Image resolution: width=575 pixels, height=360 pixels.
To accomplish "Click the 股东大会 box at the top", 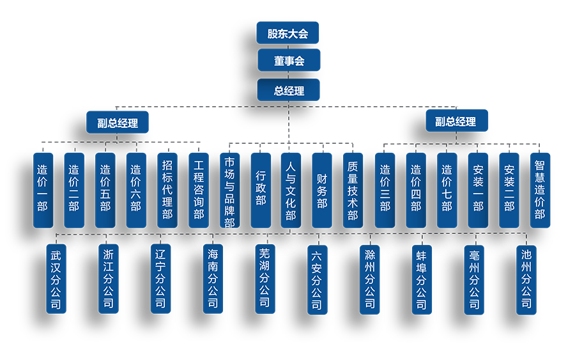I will click(x=288, y=33).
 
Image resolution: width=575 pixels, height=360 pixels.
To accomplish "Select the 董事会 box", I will click(x=288, y=61).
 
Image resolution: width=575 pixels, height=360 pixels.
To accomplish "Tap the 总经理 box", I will click(x=288, y=90).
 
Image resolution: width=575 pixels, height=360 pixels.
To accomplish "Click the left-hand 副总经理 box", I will click(x=118, y=122).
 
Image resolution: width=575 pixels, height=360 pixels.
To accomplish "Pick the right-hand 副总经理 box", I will click(x=456, y=122).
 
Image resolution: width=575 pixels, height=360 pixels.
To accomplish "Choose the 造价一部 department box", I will click(x=43, y=190).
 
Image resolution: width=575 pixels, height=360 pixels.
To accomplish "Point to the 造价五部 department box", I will click(x=105, y=190).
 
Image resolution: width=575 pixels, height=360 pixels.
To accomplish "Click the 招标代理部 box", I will click(x=167, y=190).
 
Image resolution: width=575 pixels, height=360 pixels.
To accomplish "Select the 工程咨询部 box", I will click(x=199, y=190).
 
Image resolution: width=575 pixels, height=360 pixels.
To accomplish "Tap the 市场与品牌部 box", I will click(x=229, y=190).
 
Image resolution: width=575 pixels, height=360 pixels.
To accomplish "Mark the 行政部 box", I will click(x=261, y=190).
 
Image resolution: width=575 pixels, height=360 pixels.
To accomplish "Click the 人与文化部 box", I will click(x=291, y=190).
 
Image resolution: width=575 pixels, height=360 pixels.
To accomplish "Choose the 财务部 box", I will click(x=322, y=190).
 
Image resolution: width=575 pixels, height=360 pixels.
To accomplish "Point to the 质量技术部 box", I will click(x=353, y=190).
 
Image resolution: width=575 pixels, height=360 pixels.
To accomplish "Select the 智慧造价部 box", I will click(x=540, y=190).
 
